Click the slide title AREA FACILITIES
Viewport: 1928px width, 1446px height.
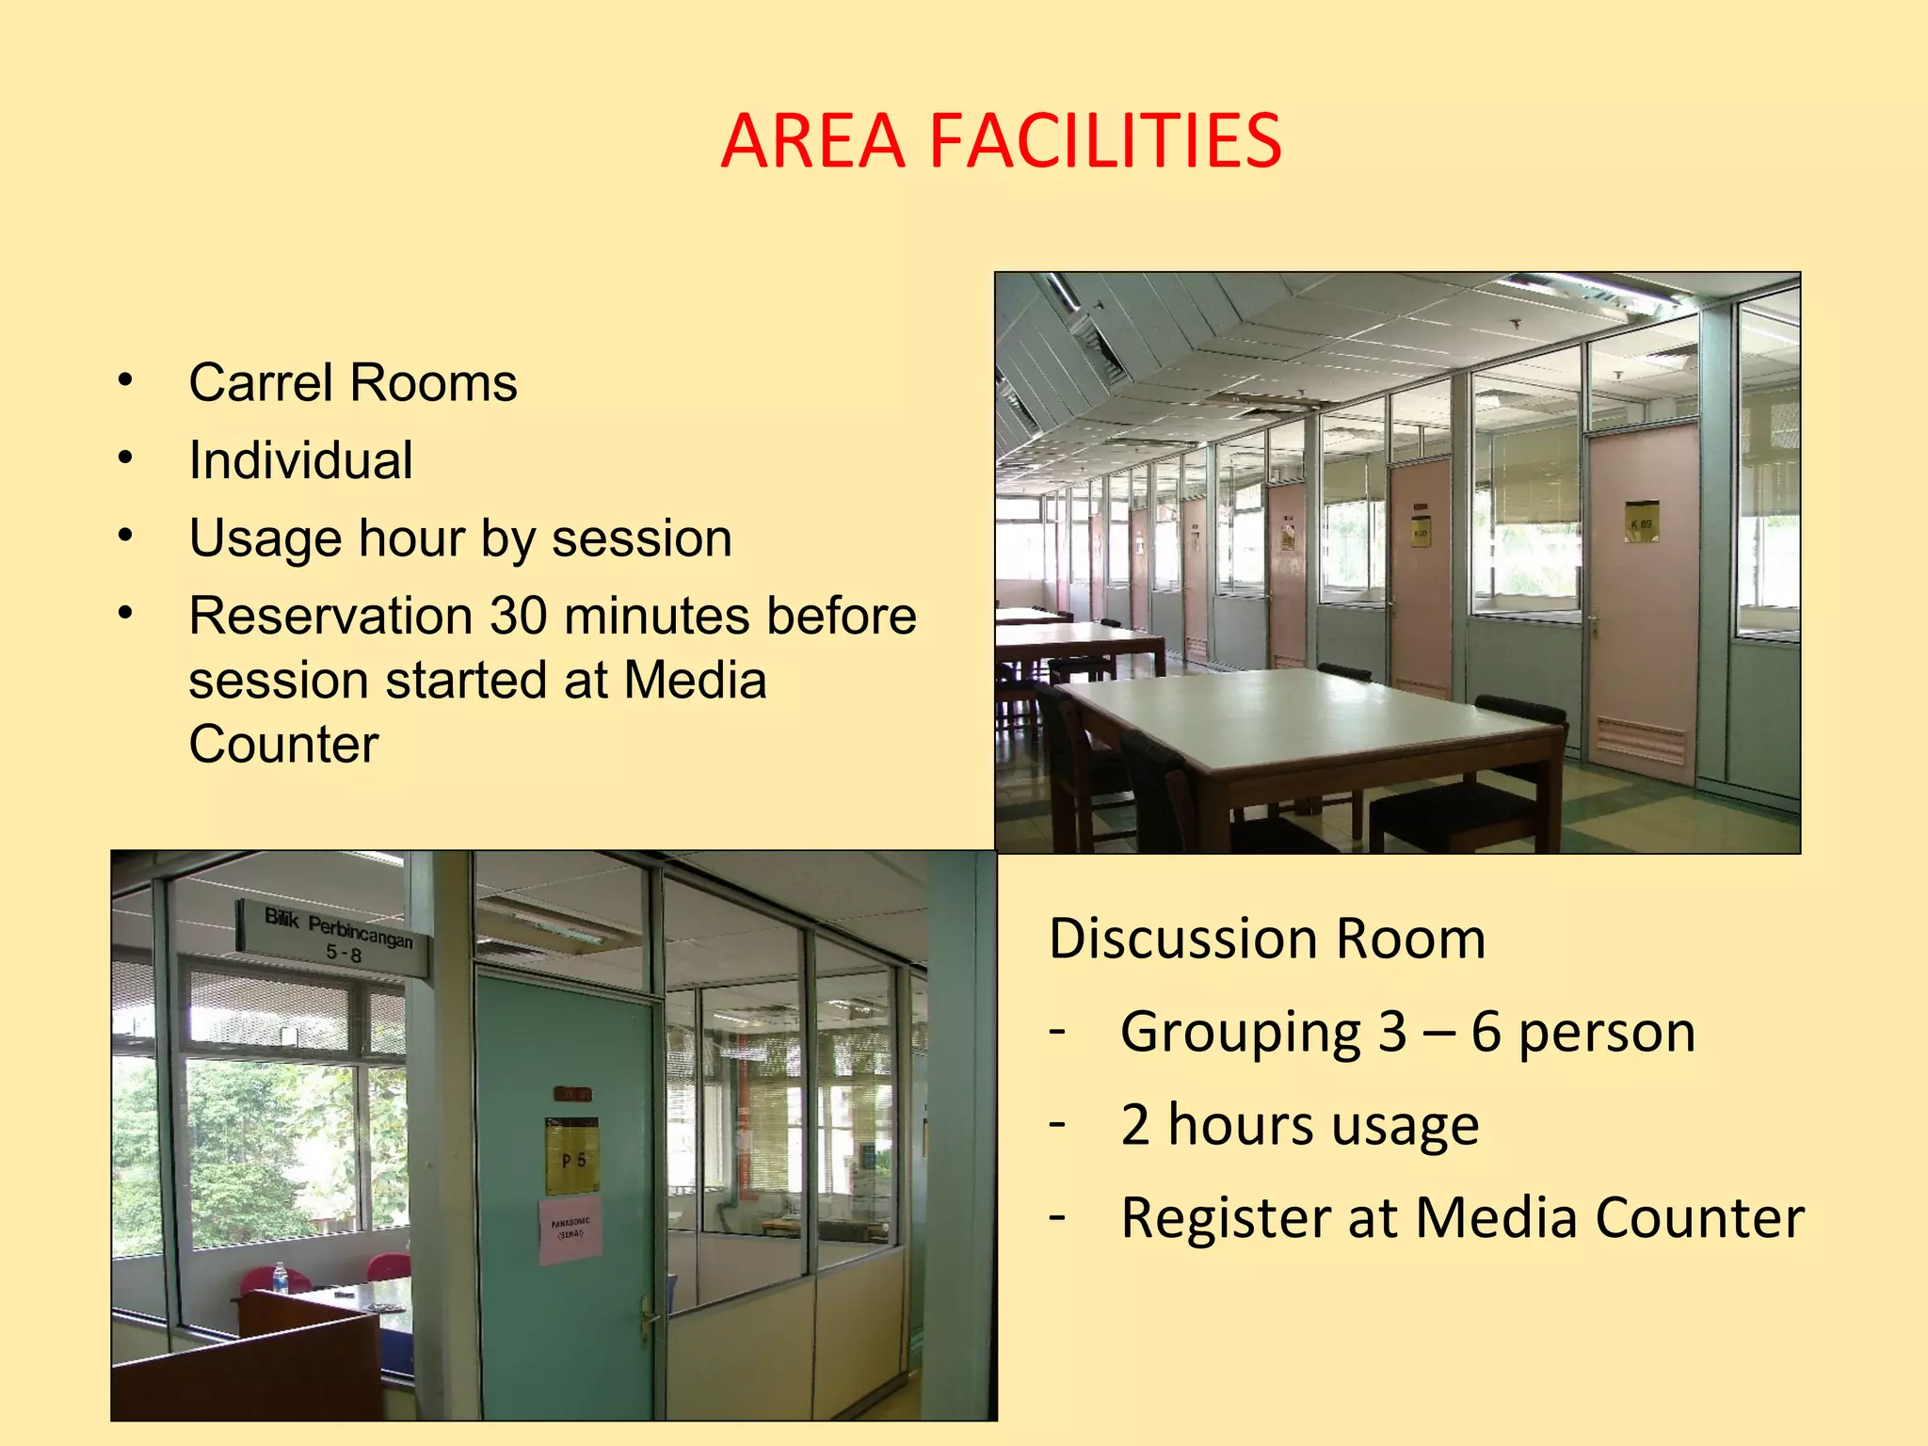(x=1001, y=141)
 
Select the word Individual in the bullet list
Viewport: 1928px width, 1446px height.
(x=300, y=460)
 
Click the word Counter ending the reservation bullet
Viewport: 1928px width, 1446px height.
(x=283, y=745)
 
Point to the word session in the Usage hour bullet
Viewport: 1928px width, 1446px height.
(x=641, y=538)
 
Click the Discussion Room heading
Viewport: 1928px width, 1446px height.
(x=1266, y=939)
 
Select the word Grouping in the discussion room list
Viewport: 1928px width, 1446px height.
(x=1240, y=1032)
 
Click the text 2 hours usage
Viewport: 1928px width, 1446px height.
(x=1299, y=1125)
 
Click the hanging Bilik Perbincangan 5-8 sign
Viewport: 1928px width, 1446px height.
(x=334, y=935)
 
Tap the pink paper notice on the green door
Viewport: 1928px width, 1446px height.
(x=570, y=1229)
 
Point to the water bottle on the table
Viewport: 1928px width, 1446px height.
(x=280, y=1277)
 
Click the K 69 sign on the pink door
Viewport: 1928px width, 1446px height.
(x=1641, y=522)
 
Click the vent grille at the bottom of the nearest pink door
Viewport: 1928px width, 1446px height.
(x=1640, y=740)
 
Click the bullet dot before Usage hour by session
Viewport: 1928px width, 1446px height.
(x=125, y=536)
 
